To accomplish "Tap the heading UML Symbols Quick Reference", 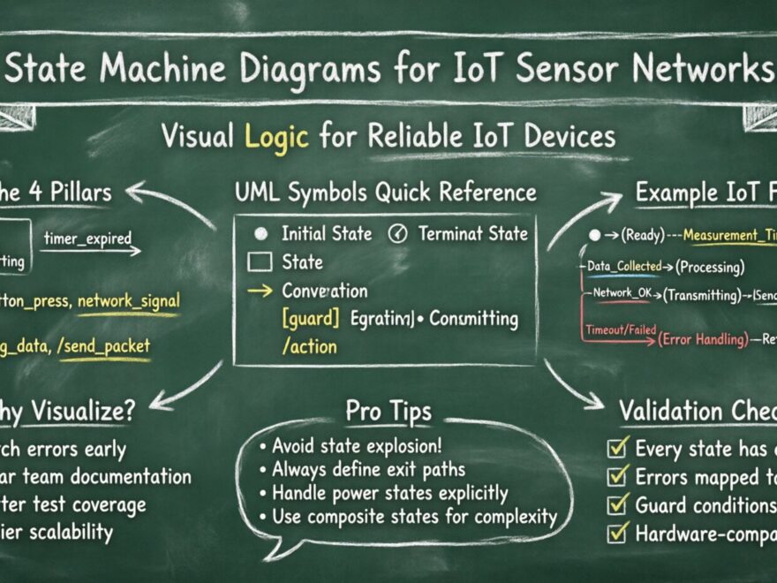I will click(385, 192).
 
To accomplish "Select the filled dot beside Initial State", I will click(260, 234).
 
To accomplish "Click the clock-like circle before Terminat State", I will click(398, 234).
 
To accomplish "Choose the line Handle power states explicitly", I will click(389, 493).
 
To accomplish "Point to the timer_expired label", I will click(87, 238).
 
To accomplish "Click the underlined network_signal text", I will click(128, 300).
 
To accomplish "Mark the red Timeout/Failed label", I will click(621, 330).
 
